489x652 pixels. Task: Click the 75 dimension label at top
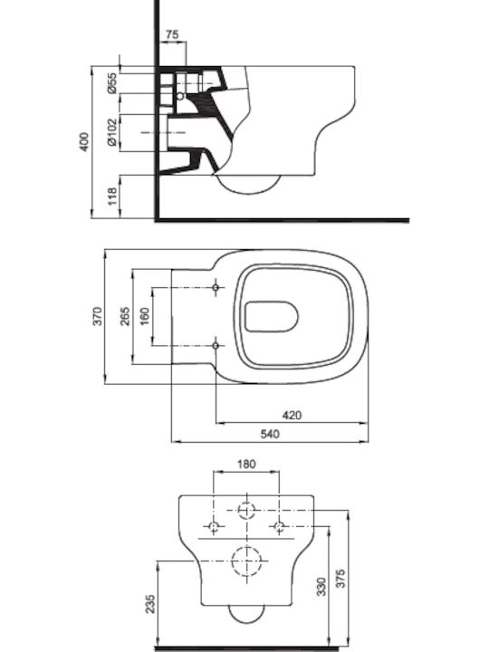click(172, 34)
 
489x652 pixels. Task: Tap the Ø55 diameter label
click(112, 83)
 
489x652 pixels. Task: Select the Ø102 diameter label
click(112, 132)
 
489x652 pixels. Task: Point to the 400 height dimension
click(84, 141)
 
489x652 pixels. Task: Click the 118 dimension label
click(112, 197)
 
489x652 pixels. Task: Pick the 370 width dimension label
click(97, 316)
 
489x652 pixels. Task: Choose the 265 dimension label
click(125, 316)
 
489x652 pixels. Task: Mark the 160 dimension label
click(144, 316)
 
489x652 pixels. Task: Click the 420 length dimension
click(292, 415)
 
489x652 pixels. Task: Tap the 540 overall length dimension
click(270, 434)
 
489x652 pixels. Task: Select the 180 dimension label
click(246, 464)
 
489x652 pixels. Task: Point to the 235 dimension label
click(150, 604)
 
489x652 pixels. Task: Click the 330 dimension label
click(321, 586)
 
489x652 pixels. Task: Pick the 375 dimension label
click(340, 579)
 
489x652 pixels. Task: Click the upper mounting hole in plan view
click(216, 287)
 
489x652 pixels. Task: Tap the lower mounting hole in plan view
click(216, 346)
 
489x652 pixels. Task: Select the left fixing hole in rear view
click(214, 527)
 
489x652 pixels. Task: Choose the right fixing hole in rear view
click(279, 527)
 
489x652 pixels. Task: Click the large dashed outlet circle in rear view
click(246, 546)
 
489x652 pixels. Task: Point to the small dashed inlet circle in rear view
click(246, 503)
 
